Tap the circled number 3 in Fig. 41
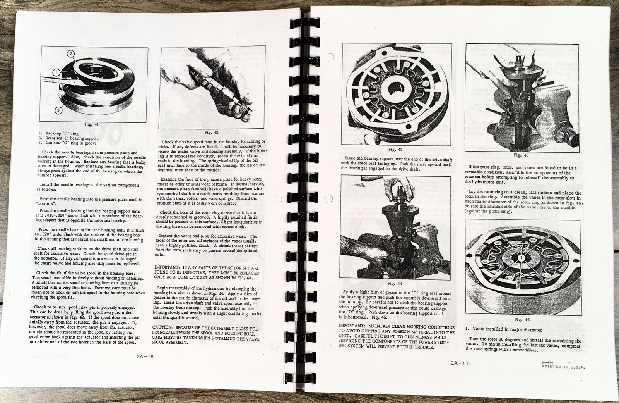(x=57, y=110)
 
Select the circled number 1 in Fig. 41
(x=56, y=72)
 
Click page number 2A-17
(x=459, y=363)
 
